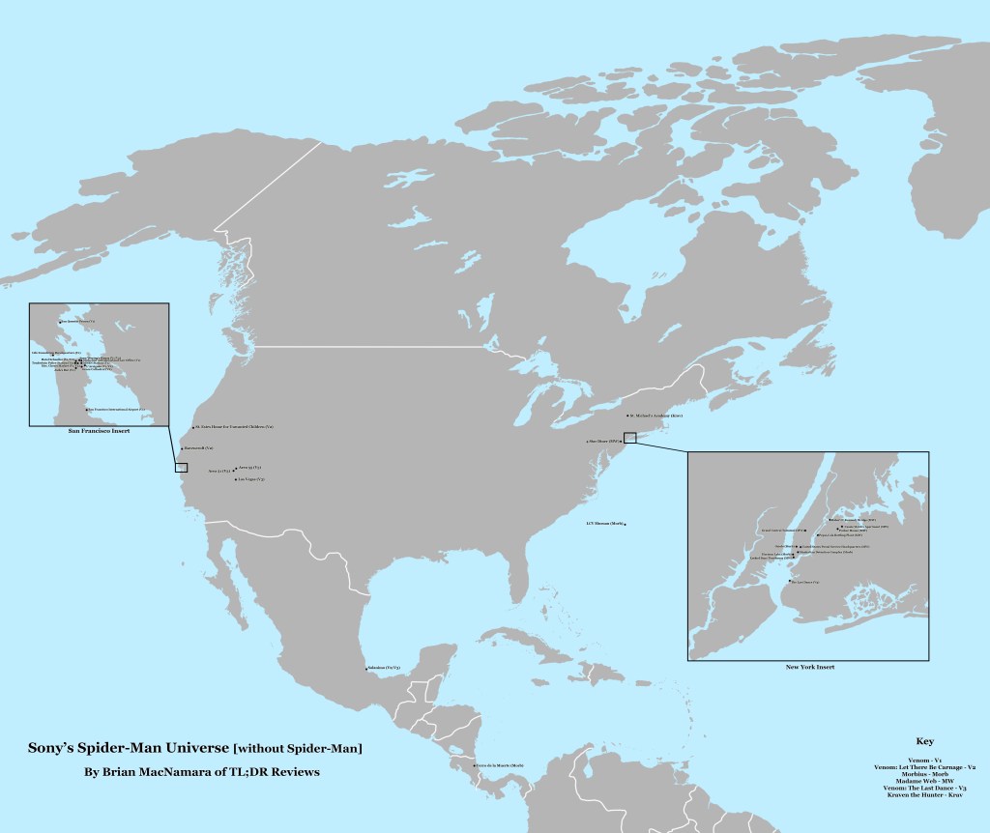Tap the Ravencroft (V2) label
click(198, 449)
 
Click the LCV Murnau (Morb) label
click(604, 524)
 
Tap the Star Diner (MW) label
click(601, 441)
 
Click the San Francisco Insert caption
click(99, 432)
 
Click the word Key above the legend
click(923, 741)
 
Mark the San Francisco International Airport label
click(116, 409)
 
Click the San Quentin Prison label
click(78, 321)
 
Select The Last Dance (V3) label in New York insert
click(805, 582)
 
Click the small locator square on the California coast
click(181, 467)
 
